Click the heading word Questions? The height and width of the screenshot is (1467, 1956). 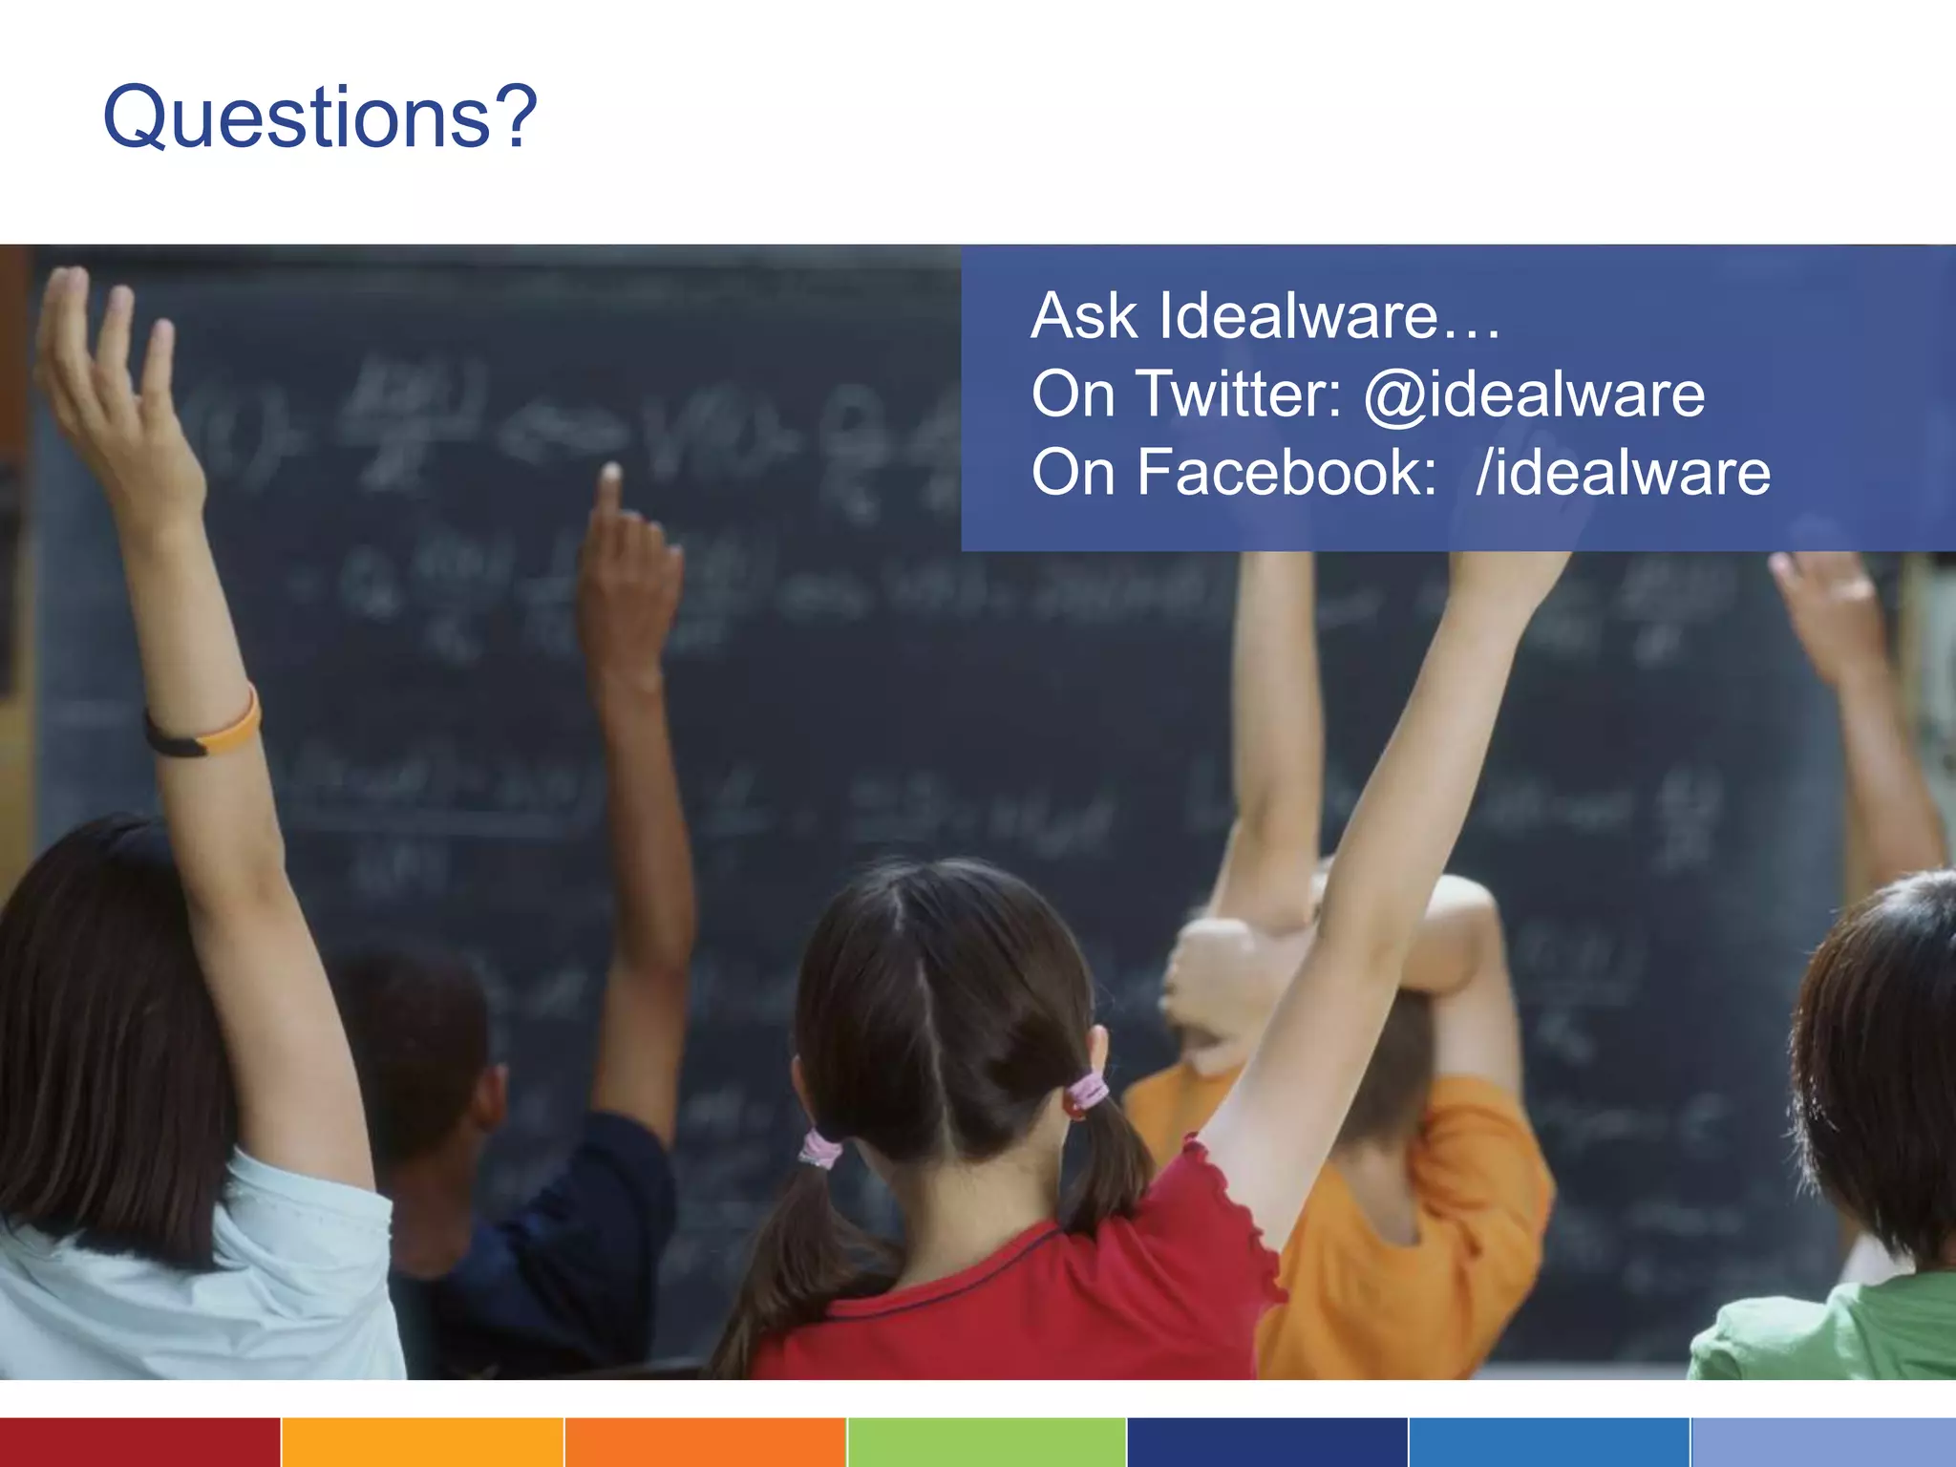coord(320,117)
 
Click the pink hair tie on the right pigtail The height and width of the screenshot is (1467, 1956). coord(1088,1092)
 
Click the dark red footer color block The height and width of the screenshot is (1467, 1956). coord(139,1442)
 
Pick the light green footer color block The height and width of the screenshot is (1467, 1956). coord(987,1442)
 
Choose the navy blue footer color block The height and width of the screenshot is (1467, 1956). coord(1266,1442)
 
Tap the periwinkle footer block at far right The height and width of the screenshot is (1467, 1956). coord(1823,1442)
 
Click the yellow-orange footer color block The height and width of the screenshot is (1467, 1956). coord(422,1442)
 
